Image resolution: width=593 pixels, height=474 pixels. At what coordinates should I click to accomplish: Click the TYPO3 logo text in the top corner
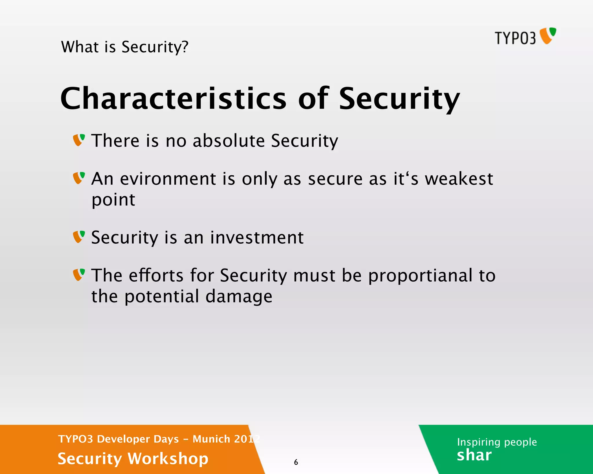[515, 38]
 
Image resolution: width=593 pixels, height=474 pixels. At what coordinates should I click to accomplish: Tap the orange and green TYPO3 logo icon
[548, 36]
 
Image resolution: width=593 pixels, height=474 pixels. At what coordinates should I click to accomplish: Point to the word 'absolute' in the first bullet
[228, 141]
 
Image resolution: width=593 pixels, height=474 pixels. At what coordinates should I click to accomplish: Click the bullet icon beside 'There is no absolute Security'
[79, 140]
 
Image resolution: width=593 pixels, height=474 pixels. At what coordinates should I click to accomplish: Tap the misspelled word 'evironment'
[168, 179]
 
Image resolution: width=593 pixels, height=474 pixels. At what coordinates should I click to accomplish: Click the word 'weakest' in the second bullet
[459, 179]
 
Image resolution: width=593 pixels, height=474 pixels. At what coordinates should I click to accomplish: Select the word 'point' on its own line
[113, 200]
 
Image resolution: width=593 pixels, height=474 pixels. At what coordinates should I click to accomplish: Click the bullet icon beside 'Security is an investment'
[79, 237]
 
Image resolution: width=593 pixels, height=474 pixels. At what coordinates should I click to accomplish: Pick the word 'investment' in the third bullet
[257, 238]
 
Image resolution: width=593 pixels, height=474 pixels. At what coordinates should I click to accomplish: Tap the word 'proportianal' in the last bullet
[420, 275]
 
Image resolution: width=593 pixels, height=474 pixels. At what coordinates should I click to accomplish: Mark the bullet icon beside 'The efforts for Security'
[79, 275]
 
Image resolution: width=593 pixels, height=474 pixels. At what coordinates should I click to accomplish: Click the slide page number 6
[296, 462]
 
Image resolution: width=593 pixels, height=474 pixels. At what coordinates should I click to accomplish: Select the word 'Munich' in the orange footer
[211, 439]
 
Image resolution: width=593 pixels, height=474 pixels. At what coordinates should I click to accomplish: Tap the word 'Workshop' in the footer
[168, 459]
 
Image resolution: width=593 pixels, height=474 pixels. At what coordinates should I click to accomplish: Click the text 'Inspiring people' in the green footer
[497, 442]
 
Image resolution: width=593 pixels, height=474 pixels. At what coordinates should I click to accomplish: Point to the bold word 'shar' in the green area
[474, 455]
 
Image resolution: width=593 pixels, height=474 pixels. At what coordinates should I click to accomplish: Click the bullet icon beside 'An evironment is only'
[79, 178]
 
